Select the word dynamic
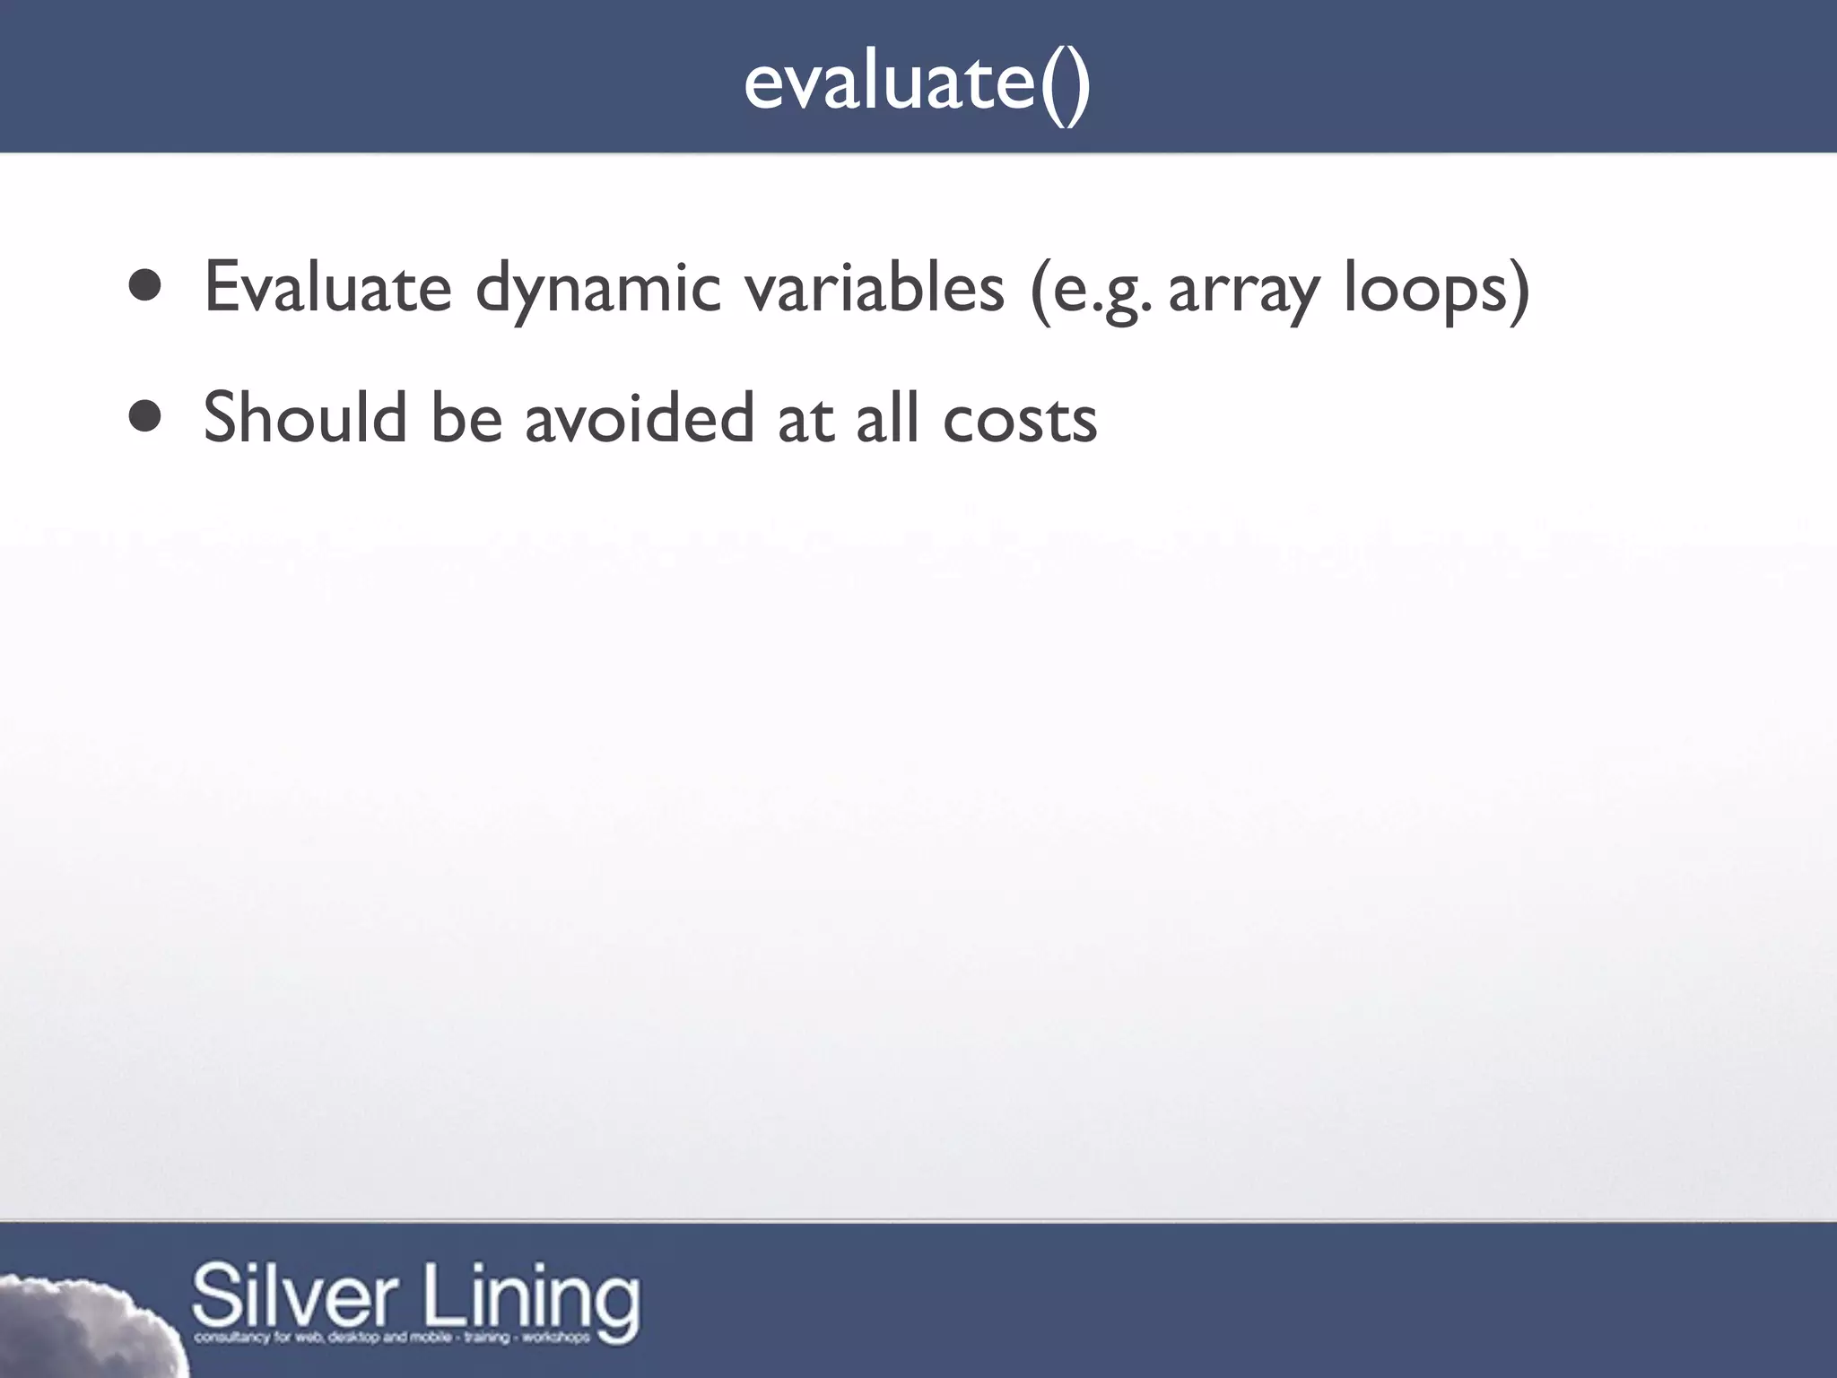[598, 289]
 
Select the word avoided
[639, 418]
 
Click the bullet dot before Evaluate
[144, 287]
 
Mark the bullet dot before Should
[144, 416]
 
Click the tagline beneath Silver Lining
[392, 1338]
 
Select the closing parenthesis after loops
[1519, 289]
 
